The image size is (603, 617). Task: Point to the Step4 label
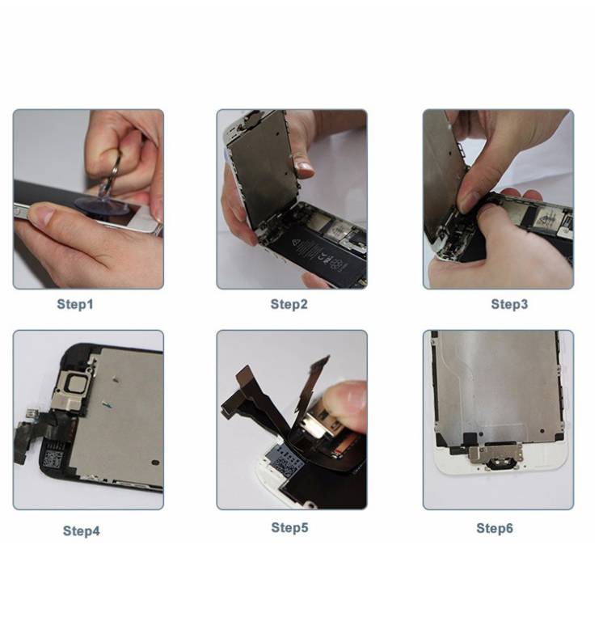[x=82, y=531]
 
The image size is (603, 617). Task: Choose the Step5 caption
[x=290, y=528]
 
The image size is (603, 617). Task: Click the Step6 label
[x=495, y=528]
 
